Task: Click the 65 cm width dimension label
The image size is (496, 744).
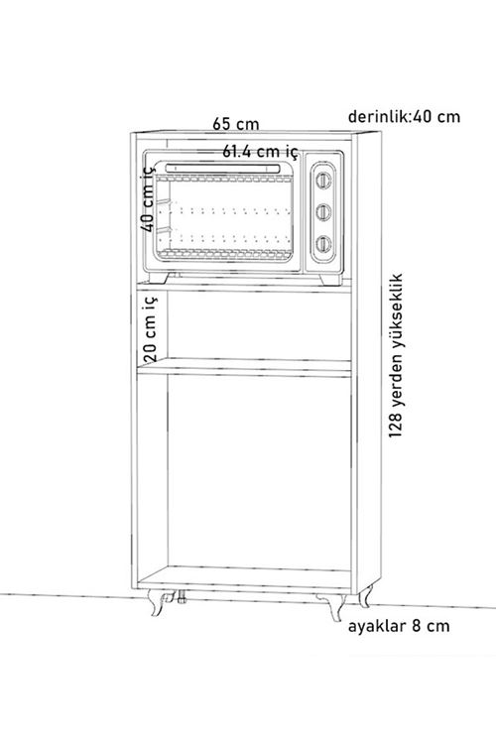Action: [236, 124]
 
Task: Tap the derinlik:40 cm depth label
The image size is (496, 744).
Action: [404, 116]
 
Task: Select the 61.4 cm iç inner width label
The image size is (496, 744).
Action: [260, 152]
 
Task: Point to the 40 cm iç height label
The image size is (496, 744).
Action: [148, 198]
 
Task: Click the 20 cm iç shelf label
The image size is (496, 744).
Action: [150, 327]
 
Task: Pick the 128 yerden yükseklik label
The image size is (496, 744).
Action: [396, 355]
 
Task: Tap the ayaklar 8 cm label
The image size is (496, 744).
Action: [399, 626]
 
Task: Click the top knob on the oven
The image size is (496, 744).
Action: [323, 181]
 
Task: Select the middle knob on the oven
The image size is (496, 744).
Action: [323, 211]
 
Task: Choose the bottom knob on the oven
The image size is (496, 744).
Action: [323, 244]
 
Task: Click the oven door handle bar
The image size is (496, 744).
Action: [222, 168]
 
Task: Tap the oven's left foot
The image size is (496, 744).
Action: [159, 278]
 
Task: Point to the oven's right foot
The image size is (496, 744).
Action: [330, 280]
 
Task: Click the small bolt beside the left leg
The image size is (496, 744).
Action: [181, 597]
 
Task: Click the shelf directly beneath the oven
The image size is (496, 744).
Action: [244, 287]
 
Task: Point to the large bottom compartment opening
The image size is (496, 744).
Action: [259, 472]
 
